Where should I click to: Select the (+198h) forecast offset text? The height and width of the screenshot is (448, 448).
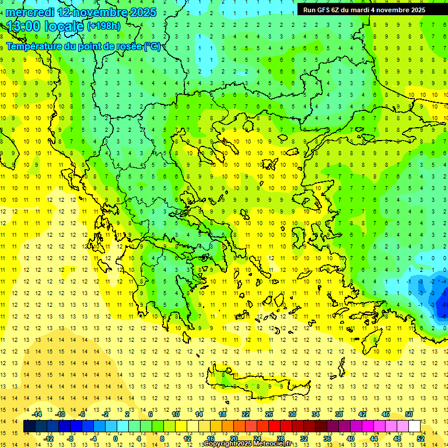click(x=103, y=26)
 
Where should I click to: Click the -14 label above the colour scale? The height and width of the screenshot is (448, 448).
click(x=37, y=414)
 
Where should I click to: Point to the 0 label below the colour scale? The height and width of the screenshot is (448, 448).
click(x=115, y=439)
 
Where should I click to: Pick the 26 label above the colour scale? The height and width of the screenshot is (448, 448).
click(x=269, y=414)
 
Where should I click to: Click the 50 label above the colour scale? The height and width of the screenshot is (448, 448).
click(x=408, y=414)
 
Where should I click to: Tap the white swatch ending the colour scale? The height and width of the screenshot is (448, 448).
click(x=414, y=426)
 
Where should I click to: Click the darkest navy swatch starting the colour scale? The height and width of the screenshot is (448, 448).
click(x=29, y=426)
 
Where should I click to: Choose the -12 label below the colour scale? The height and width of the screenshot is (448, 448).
click(x=49, y=439)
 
